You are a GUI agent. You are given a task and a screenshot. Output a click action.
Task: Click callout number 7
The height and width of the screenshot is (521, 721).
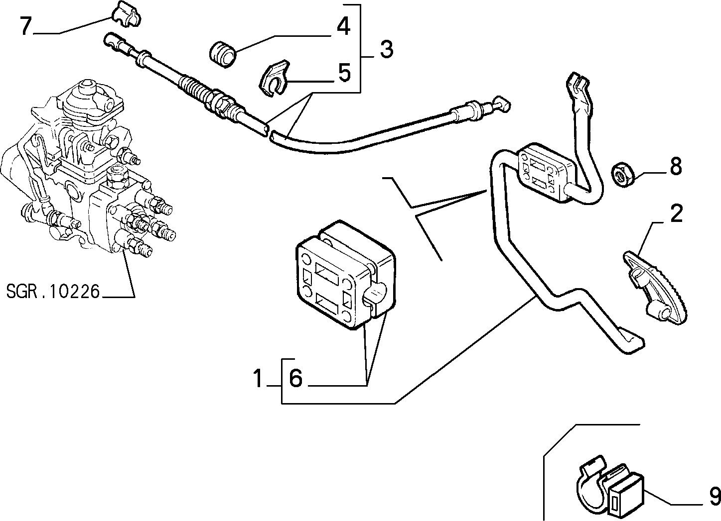pyautogui.click(x=26, y=26)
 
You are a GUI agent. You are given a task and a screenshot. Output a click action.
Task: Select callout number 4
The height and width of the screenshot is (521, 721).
pyautogui.click(x=343, y=26)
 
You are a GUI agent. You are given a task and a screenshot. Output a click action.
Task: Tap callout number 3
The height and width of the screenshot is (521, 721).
pyautogui.click(x=387, y=49)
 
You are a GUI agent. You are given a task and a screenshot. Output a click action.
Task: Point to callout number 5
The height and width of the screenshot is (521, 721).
pyautogui.click(x=344, y=73)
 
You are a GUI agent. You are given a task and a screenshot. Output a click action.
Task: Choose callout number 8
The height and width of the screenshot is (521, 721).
pyautogui.click(x=676, y=166)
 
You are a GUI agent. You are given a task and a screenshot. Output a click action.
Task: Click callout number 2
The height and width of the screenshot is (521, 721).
pyautogui.click(x=676, y=214)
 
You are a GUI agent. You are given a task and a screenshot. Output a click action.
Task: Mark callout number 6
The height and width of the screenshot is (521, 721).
pyautogui.click(x=296, y=378)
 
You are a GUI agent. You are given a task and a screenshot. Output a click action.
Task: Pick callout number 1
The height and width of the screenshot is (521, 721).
pyautogui.click(x=258, y=378)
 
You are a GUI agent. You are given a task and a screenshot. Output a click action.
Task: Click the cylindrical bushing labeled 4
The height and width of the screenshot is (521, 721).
pyautogui.click(x=223, y=54)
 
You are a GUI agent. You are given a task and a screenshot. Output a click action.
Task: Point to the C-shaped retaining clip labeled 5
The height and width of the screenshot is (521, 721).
pyautogui.click(x=274, y=78)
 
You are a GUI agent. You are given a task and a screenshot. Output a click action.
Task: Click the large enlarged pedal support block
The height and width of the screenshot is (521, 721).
pyautogui.click(x=346, y=275)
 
